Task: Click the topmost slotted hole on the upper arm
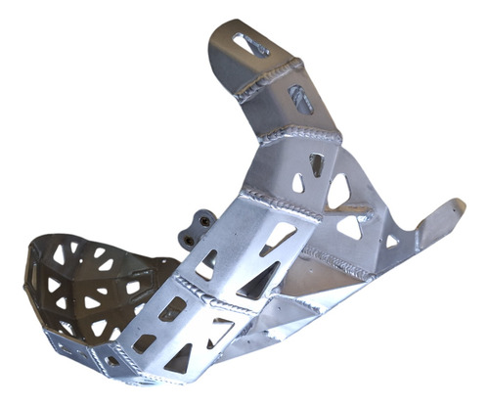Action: (x=252, y=44)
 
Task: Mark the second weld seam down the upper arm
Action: (x=298, y=132)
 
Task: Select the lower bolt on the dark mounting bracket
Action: (x=188, y=236)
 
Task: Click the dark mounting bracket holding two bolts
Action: (x=195, y=226)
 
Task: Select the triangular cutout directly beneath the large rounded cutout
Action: (x=349, y=227)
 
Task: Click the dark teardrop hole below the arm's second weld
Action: (x=317, y=163)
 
